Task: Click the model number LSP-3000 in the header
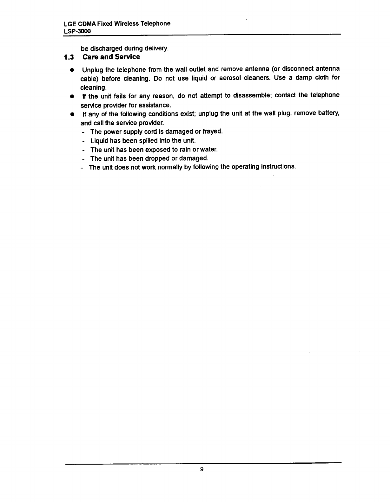click(77, 31)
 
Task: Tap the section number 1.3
click(69, 57)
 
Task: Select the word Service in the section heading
click(128, 57)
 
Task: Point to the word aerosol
click(231, 78)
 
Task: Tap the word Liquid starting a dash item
click(99, 140)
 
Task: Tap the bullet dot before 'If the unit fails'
click(72, 96)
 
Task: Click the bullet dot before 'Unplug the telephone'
click(72, 70)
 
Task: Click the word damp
click(302, 78)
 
